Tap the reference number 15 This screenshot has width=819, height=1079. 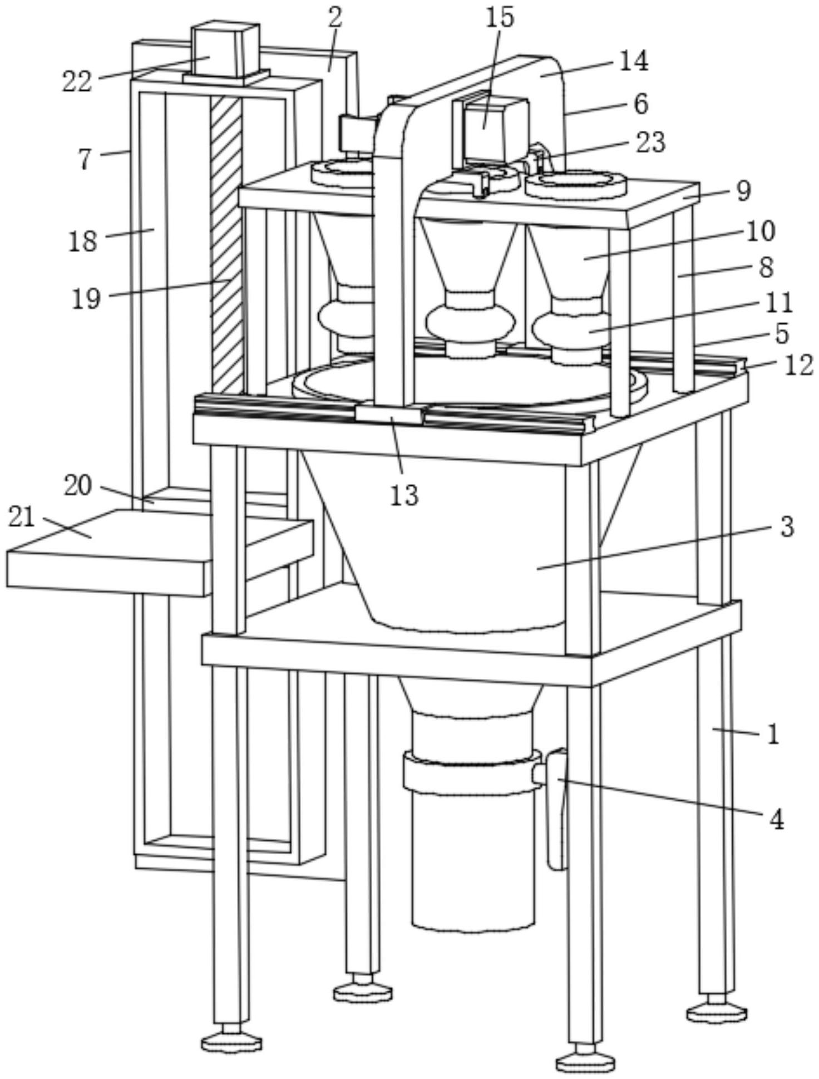pos(500,18)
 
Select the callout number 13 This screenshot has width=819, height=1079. pos(404,495)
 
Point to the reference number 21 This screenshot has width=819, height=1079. pos(22,518)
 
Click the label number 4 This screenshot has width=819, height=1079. pos(776,819)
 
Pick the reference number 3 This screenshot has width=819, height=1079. pos(786,526)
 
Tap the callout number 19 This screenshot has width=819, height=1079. pos(86,299)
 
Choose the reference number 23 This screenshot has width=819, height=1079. pos(650,142)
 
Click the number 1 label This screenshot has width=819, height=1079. pos(773,735)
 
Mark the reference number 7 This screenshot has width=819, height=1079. pos(85,160)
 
